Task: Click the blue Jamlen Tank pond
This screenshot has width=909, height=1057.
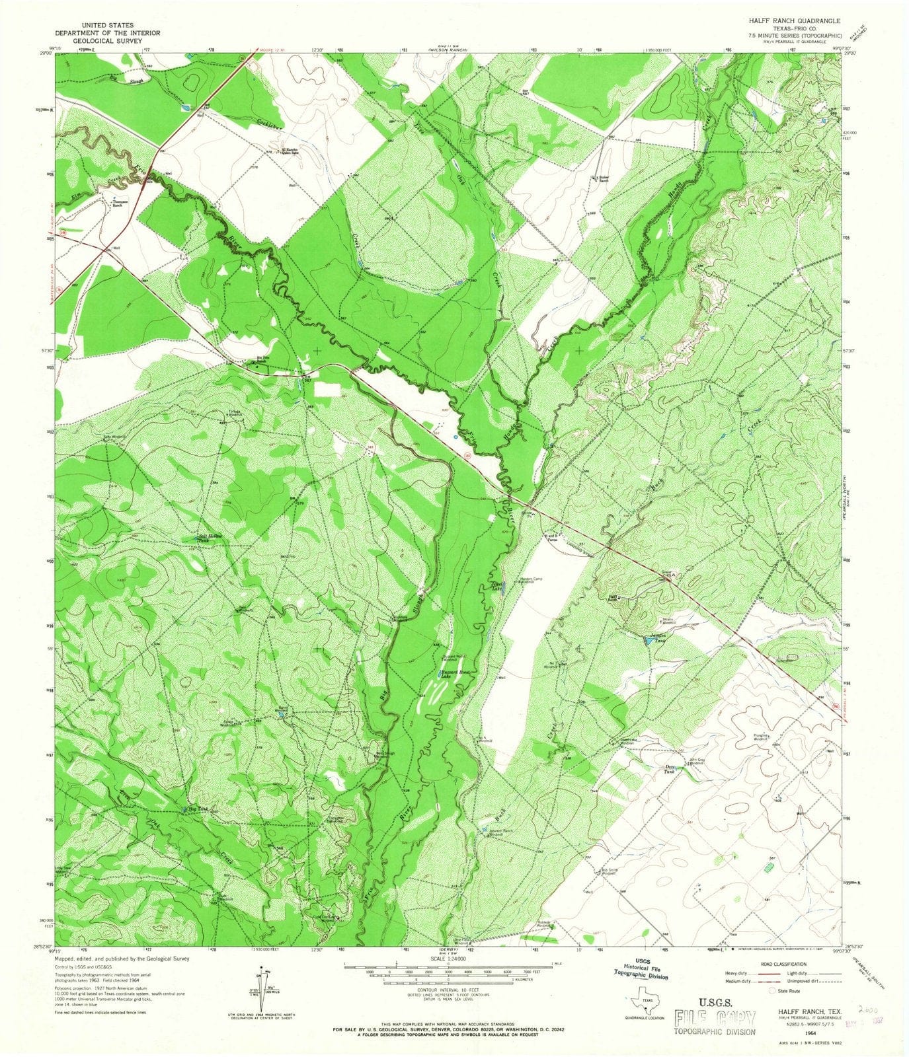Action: [648, 639]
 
